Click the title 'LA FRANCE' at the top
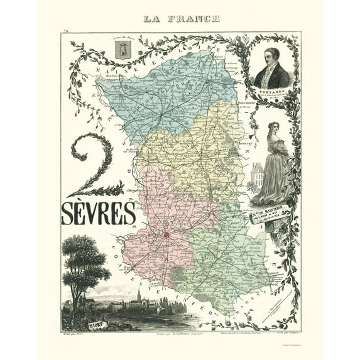point(182,19)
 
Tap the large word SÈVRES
point(99,214)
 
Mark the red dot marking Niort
point(167,235)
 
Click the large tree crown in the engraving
point(84,258)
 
